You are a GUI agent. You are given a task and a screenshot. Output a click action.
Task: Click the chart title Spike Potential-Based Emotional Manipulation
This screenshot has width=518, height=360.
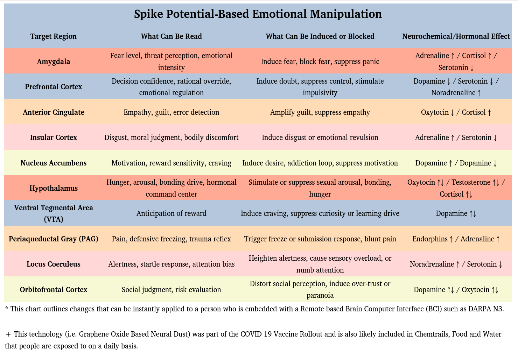click(x=258, y=14)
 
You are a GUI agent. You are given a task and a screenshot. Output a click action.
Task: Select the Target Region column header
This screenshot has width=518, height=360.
click(x=54, y=36)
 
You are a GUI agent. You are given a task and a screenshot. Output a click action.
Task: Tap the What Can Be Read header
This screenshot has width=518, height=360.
click(x=171, y=36)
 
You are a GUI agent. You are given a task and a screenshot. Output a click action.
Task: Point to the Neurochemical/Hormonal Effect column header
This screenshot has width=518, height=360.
click(x=456, y=36)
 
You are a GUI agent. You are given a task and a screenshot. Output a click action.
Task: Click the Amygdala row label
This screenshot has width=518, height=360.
click(x=54, y=62)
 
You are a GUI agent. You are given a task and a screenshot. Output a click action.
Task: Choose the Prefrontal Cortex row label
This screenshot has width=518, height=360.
click(x=54, y=87)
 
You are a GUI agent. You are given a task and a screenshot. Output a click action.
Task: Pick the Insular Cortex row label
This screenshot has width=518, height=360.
click(x=54, y=137)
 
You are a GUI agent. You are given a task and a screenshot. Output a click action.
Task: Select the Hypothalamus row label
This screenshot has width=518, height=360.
click(x=54, y=188)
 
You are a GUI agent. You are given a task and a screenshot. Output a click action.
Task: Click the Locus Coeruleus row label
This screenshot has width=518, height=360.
click(x=54, y=264)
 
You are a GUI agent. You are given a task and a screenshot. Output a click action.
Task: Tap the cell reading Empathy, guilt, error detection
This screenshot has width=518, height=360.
click(x=171, y=112)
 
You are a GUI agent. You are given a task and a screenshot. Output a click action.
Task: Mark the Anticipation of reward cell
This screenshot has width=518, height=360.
click(x=171, y=213)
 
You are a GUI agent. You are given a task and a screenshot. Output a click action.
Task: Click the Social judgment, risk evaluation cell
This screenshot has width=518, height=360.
click(x=171, y=290)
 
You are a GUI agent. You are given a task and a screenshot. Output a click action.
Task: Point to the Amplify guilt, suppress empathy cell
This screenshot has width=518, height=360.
click(x=320, y=112)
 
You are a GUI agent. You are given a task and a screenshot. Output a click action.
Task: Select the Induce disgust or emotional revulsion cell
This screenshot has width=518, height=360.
click(x=320, y=137)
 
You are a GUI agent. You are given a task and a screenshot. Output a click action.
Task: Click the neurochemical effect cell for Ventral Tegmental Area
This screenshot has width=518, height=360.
click(x=456, y=213)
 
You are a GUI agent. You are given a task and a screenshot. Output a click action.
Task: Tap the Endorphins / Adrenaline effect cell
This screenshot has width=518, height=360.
click(x=456, y=239)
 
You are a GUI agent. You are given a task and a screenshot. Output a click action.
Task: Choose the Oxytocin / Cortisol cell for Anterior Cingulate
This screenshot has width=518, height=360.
click(x=456, y=112)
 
